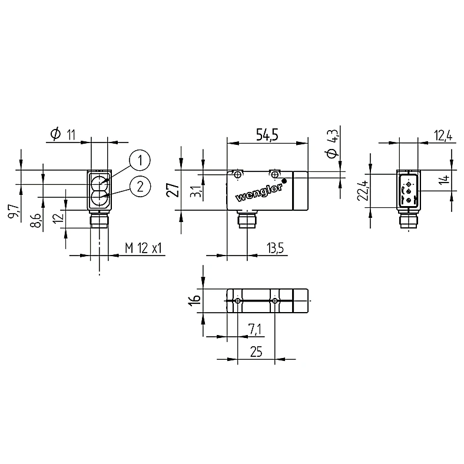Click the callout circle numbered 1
[x=140, y=160]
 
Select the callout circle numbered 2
[x=140, y=186]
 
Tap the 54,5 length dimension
[x=267, y=135]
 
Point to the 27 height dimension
[x=173, y=190]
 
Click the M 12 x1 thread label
[x=144, y=248]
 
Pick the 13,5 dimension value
[x=275, y=248]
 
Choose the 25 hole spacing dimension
[x=256, y=352]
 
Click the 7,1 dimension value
[x=255, y=329]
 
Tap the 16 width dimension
[x=195, y=300]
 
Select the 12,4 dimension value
[x=443, y=135]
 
